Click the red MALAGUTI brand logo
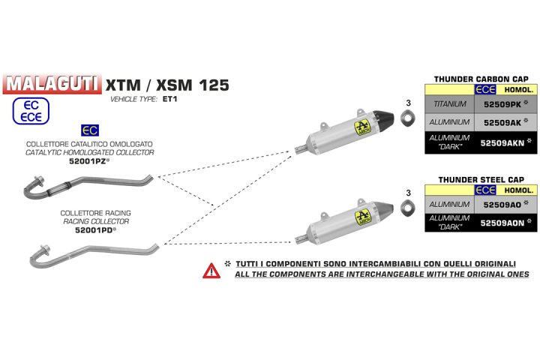tap(51, 82)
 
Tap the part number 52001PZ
tap(88, 161)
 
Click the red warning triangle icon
tap(210, 270)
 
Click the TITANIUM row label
tap(450, 104)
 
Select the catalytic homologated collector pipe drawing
tap(86, 185)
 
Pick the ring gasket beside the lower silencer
tap(409, 206)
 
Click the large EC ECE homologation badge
tap(31, 109)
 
